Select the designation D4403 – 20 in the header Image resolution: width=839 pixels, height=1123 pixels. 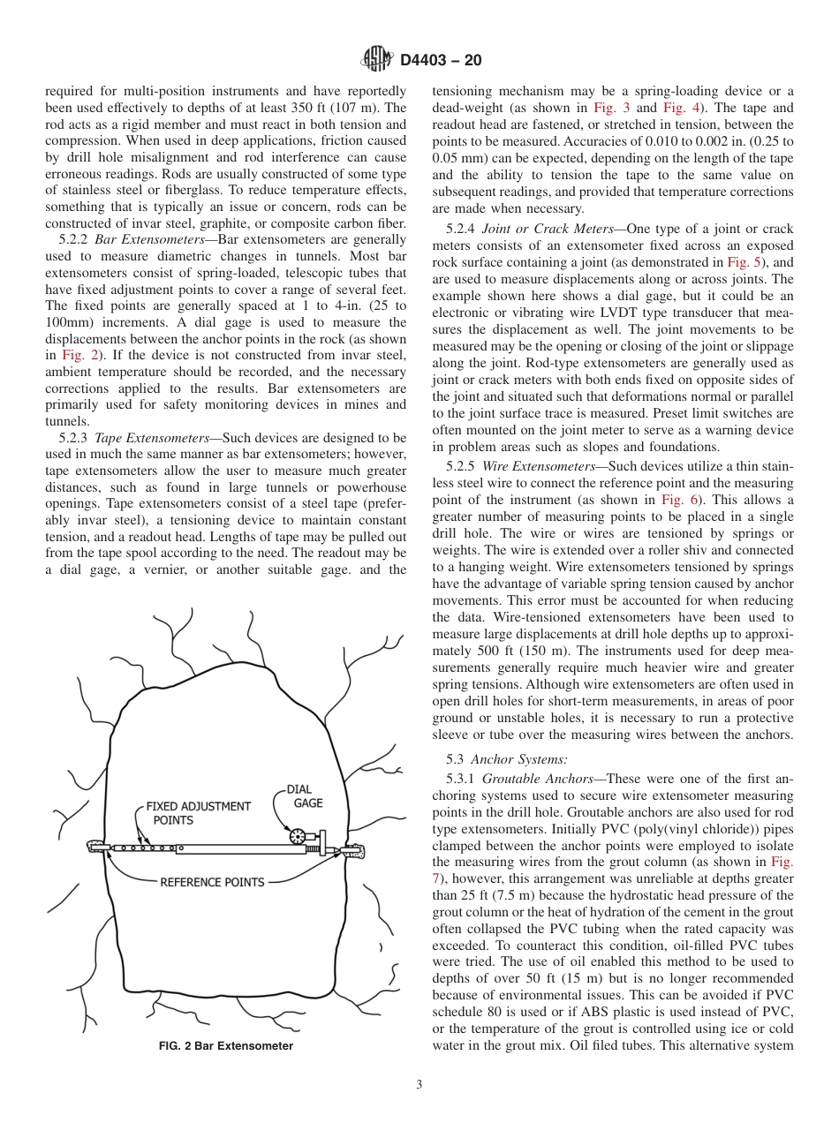pyautogui.click(x=441, y=61)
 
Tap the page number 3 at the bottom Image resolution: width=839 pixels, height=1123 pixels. pyautogui.click(x=419, y=1085)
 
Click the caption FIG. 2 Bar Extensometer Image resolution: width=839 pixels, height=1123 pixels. pyautogui.click(x=225, y=1046)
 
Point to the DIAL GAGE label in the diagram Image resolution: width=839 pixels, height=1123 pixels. pyautogui.click(x=302, y=796)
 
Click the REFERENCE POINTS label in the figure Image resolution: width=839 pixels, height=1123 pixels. pyautogui.click(x=212, y=882)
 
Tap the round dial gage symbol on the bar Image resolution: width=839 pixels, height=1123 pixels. pyautogui.click(x=298, y=835)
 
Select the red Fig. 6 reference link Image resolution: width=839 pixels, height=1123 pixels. pyautogui.click(x=681, y=499)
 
